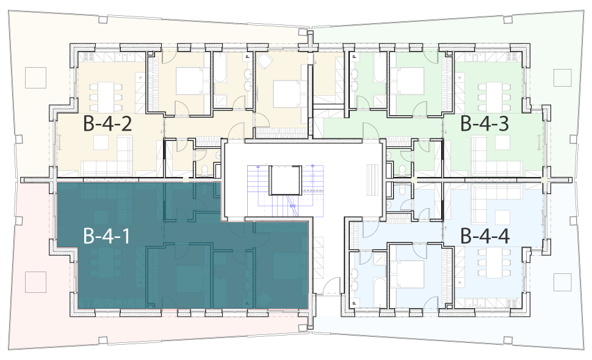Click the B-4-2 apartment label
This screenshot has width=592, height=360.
(107, 124)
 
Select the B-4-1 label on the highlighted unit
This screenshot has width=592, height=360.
(107, 236)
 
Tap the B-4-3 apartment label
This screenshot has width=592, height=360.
(485, 124)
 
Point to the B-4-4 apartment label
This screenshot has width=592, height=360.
(485, 236)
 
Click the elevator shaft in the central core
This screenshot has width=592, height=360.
(285, 180)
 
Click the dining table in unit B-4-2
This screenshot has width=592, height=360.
(106, 96)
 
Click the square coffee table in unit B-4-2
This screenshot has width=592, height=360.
(101, 142)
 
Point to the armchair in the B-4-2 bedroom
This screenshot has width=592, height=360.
(265, 60)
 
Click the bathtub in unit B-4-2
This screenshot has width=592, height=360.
(220, 67)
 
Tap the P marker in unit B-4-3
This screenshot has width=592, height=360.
(354, 57)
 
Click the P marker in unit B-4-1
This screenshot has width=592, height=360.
(247, 303)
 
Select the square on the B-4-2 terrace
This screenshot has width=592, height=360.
(36, 77)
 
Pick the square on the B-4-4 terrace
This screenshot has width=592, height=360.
(563, 283)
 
